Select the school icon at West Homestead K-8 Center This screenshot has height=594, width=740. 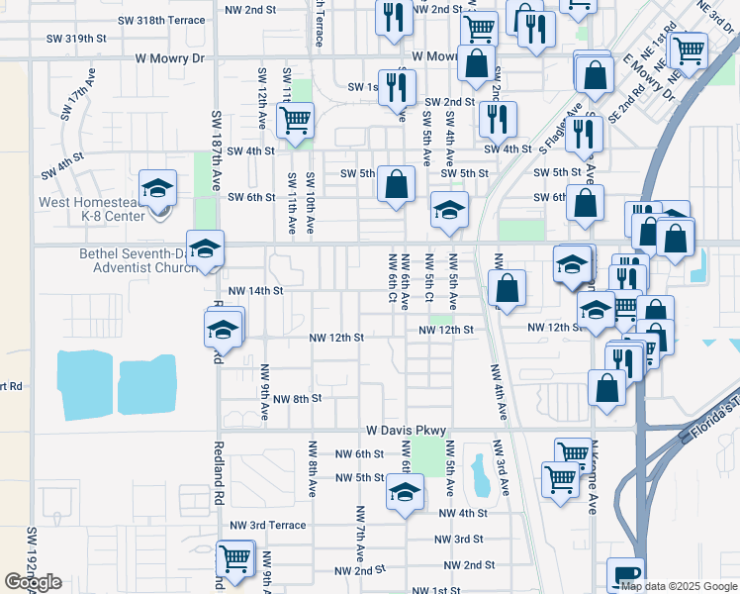(156, 187)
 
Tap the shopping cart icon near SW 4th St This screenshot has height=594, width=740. (294, 121)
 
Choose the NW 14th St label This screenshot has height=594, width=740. (255, 291)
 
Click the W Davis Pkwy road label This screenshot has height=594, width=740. (407, 431)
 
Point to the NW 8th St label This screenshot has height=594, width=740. (295, 399)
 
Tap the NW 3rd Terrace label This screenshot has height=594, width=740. (268, 525)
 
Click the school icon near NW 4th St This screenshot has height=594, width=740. (404, 492)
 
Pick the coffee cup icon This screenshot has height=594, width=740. (625, 573)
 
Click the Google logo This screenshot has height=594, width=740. (33, 582)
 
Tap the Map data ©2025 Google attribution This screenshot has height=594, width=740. (678, 586)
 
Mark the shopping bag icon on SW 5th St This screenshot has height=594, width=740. (396, 184)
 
